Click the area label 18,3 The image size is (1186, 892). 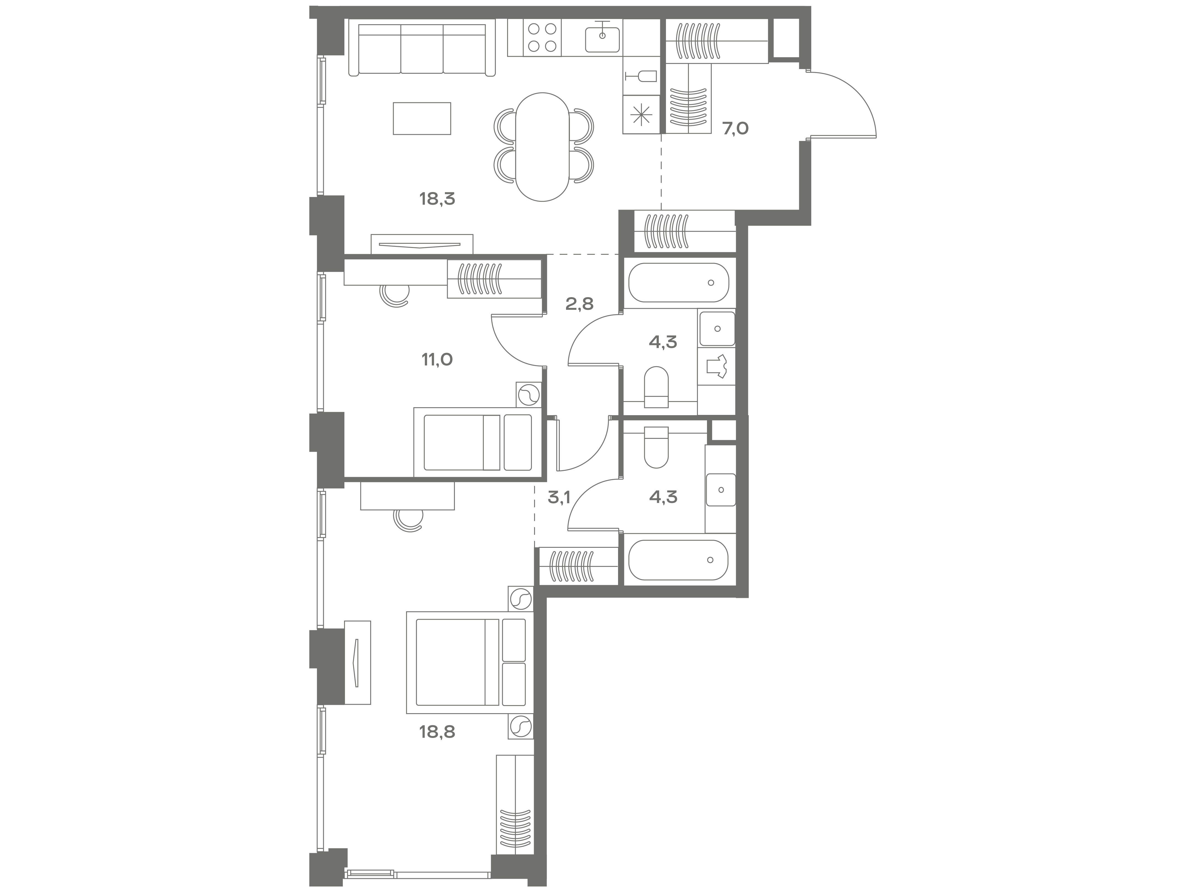click(x=437, y=199)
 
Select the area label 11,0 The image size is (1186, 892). click(x=437, y=360)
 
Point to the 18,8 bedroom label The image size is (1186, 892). click(x=437, y=732)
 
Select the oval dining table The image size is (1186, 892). click(x=543, y=147)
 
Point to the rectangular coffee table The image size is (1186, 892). click(x=422, y=118)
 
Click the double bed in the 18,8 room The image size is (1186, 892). click(x=470, y=662)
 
